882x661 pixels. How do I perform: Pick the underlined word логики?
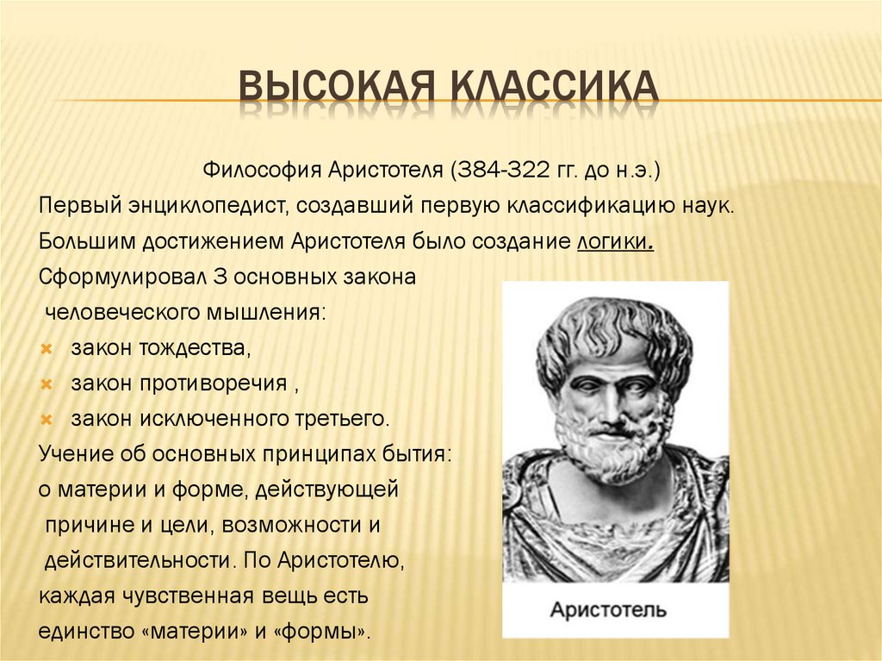pyautogui.click(x=614, y=243)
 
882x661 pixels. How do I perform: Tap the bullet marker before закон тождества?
pyautogui.click(x=48, y=349)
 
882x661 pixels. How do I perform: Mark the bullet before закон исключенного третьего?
pyautogui.click(x=48, y=420)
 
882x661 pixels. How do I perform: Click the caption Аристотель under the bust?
pyautogui.click(x=609, y=611)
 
